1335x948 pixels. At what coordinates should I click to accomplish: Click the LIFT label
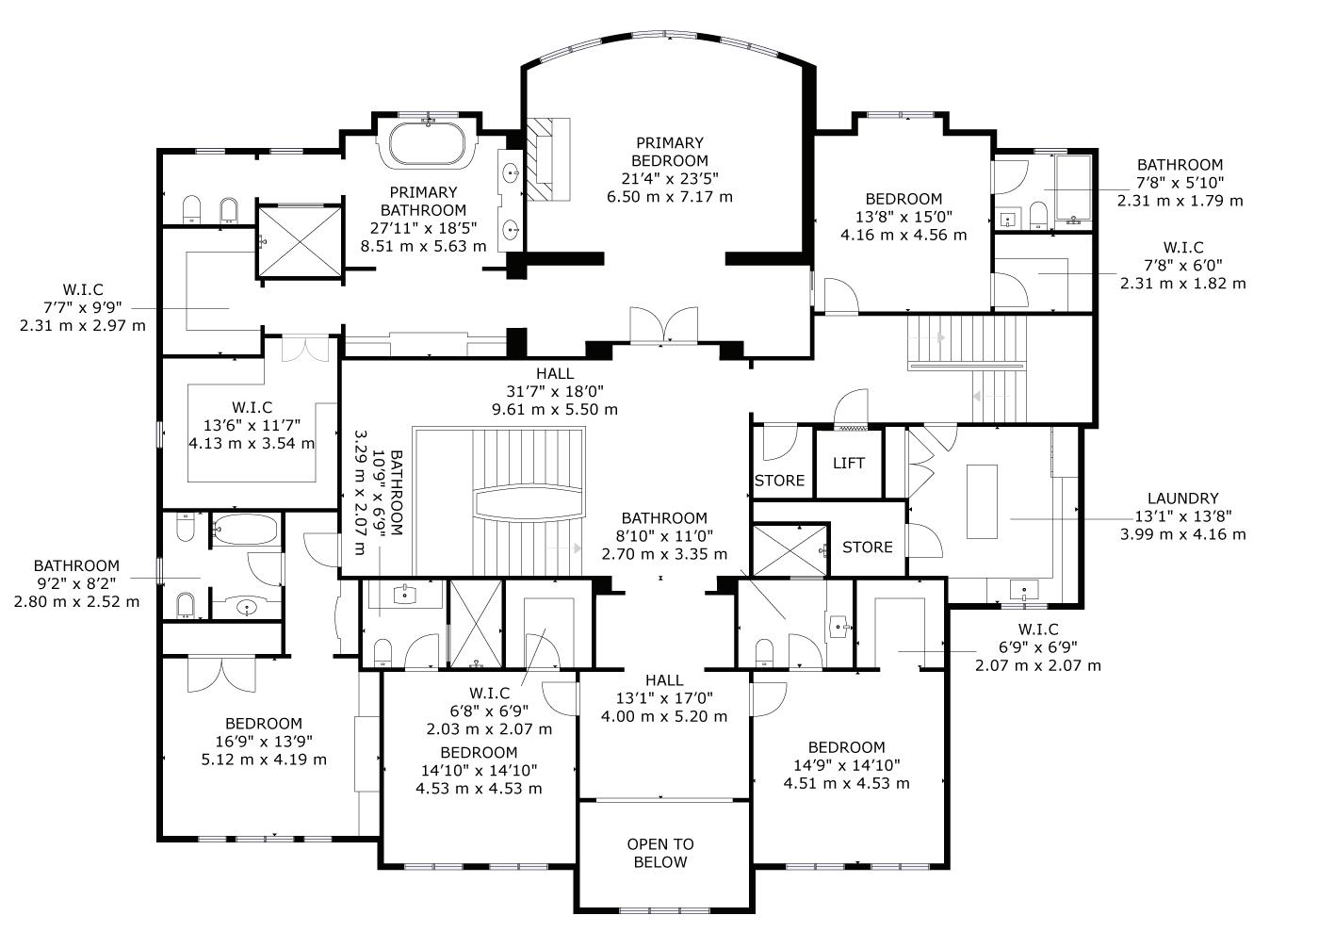point(849,464)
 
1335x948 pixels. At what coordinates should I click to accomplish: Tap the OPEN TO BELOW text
point(660,853)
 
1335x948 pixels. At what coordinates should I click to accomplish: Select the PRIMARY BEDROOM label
point(670,152)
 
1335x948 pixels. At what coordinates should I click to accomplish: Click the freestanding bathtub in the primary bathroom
point(427,143)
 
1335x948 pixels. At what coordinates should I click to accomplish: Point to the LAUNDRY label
point(1183,499)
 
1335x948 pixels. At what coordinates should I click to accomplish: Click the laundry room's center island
point(982,501)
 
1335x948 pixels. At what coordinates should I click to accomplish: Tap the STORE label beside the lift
point(779,481)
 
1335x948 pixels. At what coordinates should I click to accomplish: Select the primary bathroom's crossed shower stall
point(301,241)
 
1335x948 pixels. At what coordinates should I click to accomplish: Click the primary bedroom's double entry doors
point(664,325)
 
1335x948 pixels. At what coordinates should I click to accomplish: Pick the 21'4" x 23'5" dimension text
point(670,178)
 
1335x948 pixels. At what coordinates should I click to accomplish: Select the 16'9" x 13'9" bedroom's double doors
point(221,675)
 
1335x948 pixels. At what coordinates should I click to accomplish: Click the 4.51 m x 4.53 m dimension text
point(846,783)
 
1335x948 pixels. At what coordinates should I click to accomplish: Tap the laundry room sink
point(1024,590)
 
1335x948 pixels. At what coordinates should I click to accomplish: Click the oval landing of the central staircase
point(528,502)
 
